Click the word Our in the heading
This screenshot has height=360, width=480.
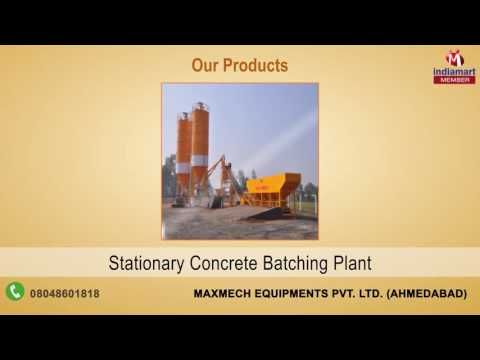[205, 66]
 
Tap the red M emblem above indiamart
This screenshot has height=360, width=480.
[454, 56]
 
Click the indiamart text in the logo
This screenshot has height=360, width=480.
[454, 71]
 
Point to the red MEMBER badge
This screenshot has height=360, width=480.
[454, 79]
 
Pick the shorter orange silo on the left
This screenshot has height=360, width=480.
[184, 150]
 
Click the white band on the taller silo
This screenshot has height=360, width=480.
[200, 160]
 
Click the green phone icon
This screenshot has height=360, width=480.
[15, 291]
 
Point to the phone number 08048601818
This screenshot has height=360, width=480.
[69, 292]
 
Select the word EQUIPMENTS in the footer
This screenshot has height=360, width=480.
[294, 292]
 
